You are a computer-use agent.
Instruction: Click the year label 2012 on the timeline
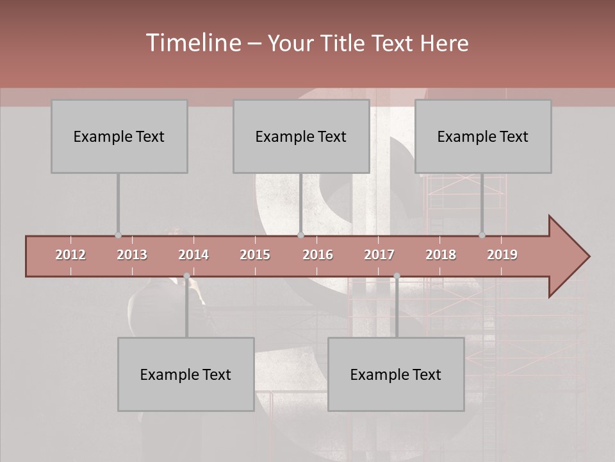click(70, 255)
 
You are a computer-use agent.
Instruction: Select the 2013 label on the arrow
click(132, 255)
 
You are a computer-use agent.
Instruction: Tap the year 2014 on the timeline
click(193, 255)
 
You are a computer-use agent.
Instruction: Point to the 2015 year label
click(255, 255)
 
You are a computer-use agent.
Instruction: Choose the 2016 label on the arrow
click(318, 255)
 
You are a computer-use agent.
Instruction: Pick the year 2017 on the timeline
click(379, 255)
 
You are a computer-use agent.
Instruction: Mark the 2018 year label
click(441, 255)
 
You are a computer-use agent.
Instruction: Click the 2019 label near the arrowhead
click(502, 255)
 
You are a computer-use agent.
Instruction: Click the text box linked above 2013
click(119, 136)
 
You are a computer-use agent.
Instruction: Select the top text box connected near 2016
click(301, 136)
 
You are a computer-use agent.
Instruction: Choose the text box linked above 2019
click(483, 136)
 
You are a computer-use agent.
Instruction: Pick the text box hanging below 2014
click(186, 374)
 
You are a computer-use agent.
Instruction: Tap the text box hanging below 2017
click(396, 374)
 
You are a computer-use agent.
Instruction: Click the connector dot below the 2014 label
click(186, 276)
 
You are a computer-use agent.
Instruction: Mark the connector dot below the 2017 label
click(397, 276)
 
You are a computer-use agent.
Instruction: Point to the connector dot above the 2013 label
click(118, 235)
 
